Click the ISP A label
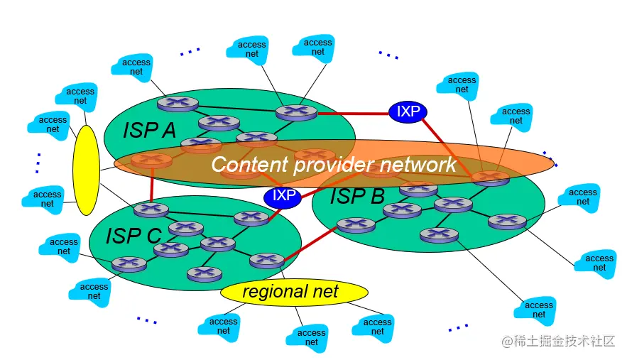(150, 130)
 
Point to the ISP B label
(356, 196)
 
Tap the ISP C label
(133, 235)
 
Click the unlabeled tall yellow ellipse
(86, 170)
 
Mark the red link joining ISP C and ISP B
(310, 244)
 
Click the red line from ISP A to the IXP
(352, 113)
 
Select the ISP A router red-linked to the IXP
(296, 112)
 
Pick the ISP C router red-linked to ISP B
(267, 261)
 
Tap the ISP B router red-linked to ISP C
(355, 225)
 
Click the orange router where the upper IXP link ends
(491, 177)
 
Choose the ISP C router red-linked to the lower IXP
(251, 217)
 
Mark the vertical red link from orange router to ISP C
(151, 186)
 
